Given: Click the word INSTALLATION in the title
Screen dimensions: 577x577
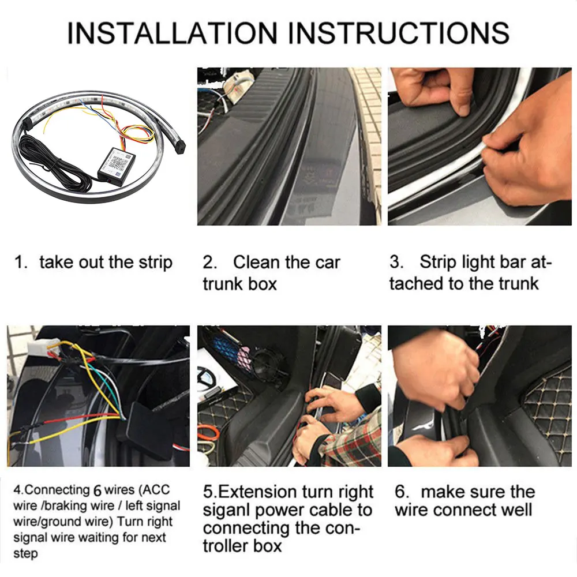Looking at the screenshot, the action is click(172, 33).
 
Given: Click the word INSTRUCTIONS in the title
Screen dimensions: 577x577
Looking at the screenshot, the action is click(399, 33).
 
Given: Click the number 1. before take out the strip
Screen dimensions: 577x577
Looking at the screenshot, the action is click(21, 263).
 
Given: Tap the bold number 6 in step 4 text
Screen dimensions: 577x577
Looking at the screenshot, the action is click(97, 490).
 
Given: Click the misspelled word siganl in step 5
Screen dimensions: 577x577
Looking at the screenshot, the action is click(227, 511).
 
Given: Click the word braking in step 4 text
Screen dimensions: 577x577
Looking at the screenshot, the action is click(70, 506).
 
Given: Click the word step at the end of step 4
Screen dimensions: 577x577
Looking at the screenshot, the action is click(25, 554).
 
